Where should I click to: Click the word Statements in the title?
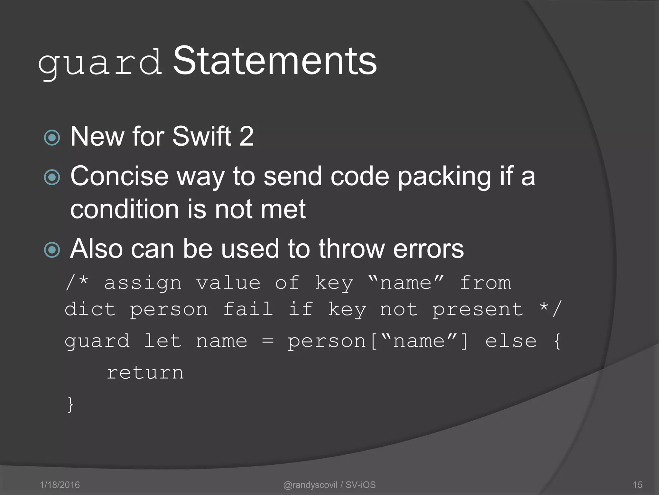click(x=275, y=61)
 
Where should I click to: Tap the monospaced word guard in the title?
click(x=100, y=63)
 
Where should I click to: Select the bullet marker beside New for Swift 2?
click(x=52, y=138)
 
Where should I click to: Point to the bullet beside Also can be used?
click(x=52, y=250)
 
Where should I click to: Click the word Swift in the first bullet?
click(x=202, y=136)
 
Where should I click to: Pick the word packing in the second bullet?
click(x=444, y=177)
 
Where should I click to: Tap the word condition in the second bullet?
click(x=124, y=209)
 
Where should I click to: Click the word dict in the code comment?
click(x=90, y=309)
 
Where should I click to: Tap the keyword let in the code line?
click(x=163, y=341)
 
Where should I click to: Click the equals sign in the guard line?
click(x=268, y=341)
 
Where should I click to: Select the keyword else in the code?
click(x=511, y=341)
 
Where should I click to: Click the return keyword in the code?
click(x=145, y=373)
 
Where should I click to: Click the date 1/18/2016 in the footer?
click(x=60, y=485)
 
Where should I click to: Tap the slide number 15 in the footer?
click(x=637, y=485)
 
